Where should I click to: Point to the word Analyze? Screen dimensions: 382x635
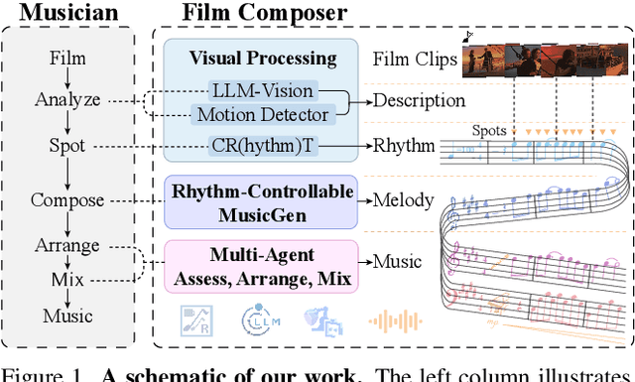(x=67, y=99)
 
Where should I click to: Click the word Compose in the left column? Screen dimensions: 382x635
(x=67, y=199)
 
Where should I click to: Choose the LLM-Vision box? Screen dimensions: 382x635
(x=263, y=90)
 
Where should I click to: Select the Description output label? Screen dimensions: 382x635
(x=418, y=100)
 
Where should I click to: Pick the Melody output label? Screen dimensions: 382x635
(x=403, y=199)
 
